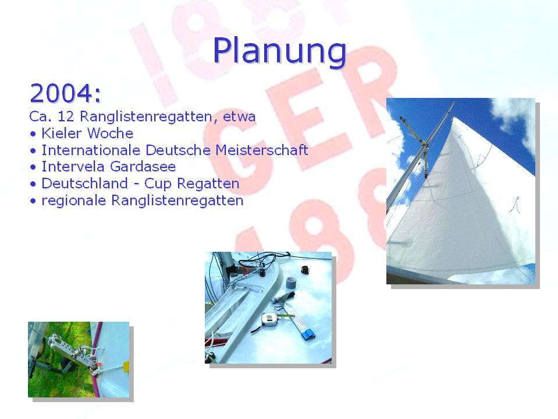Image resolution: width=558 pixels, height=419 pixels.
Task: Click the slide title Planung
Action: [279, 51]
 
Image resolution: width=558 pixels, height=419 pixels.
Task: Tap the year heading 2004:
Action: [66, 93]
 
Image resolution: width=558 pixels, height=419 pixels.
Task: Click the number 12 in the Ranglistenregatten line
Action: [66, 116]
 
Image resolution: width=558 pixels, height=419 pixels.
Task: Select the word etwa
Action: [239, 117]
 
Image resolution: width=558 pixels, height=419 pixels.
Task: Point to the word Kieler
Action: [62, 133]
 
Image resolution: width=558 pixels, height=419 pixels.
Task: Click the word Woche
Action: [110, 133]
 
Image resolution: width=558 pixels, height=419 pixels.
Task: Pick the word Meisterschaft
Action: [262, 150]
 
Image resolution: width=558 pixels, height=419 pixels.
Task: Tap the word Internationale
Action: [91, 150]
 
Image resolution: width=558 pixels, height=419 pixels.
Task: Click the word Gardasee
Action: [143, 167]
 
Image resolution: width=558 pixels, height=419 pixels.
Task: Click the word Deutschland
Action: [85, 184]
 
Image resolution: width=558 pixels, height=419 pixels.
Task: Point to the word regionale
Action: [74, 200]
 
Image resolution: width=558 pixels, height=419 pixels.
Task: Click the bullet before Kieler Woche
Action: [33, 134]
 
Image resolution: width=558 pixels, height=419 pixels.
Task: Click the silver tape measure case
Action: [269, 319]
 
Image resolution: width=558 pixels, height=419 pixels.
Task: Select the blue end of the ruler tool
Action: [308, 335]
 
